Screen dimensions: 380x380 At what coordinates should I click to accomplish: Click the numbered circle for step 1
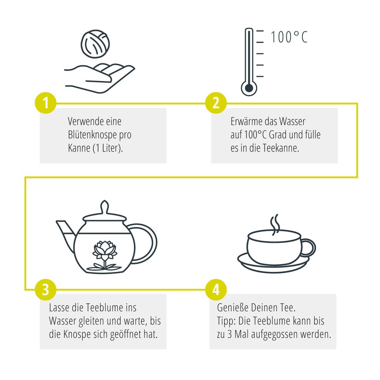click(x=46, y=103)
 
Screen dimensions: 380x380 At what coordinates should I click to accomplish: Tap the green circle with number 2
click(x=216, y=103)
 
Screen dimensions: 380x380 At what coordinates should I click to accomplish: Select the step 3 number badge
click(x=46, y=289)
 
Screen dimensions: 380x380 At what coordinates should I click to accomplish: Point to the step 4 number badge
click(x=216, y=289)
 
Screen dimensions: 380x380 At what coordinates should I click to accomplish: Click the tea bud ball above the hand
click(x=95, y=44)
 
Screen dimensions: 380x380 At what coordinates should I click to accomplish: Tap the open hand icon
click(x=99, y=78)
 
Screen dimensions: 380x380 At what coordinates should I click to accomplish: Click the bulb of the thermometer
click(x=249, y=88)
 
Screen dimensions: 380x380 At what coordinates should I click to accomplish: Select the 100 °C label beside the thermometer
click(x=289, y=37)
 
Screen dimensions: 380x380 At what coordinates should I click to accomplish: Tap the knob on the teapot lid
click(x=104, y=207)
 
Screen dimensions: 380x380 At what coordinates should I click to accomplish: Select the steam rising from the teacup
click(x=275, y=225)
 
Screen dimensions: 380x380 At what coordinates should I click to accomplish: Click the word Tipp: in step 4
click(x=226, y=322)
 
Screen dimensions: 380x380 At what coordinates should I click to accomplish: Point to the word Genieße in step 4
click(x=232, y=308)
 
